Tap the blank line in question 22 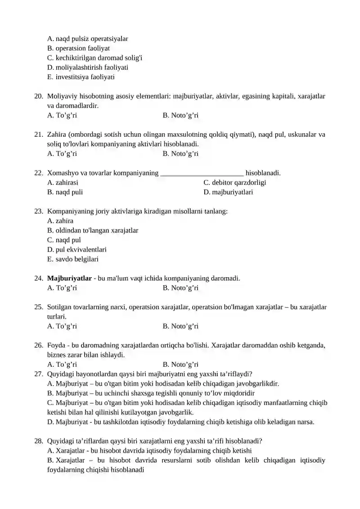[202, 173]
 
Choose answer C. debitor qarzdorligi [234, 183]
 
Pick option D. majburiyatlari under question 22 [228, 192]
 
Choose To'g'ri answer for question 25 [62, 326]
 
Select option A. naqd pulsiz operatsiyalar [88, 39]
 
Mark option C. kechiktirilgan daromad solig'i [95, 58]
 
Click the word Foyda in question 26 [56, 346]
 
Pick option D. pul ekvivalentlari [77, 250]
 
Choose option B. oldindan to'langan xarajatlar [93, 230]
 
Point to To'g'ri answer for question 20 [62, 116]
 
